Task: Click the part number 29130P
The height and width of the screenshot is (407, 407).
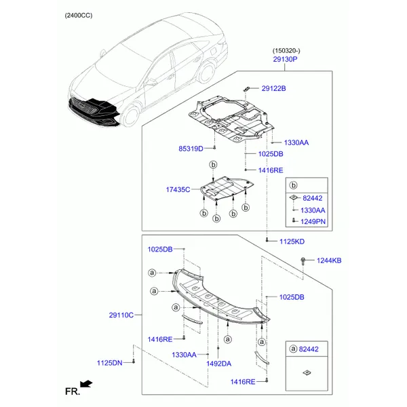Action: [x=285, y=59]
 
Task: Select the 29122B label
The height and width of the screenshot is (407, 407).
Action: [x=273, y=88]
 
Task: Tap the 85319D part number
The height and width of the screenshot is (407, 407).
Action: [x=191, y=149]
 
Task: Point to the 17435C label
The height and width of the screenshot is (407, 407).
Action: [x=178, y=189]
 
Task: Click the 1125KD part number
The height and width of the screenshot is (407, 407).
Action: [x=292, y=241]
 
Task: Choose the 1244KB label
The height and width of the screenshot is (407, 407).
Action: [x=329, y=260]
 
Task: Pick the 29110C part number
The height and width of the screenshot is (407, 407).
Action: [x=121, y=315]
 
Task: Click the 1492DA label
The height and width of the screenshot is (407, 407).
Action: [x=219, y=364]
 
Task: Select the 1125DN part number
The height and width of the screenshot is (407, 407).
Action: [x=109, y=363]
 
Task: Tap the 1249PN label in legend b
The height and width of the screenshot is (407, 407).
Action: [x=313, y=221]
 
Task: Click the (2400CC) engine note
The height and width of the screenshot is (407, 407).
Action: [x=79, y=16]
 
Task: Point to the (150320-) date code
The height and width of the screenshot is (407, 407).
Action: [x=286, y=51]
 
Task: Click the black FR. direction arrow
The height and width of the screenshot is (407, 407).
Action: [x=86, y=384]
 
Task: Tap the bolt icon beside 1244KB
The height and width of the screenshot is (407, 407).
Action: [x=303, y=261]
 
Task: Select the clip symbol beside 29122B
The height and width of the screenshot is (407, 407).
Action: [x=246, y=89]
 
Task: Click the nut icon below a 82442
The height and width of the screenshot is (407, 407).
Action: [x=307, y=372]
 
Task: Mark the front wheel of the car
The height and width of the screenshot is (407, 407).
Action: [x=131, y=115]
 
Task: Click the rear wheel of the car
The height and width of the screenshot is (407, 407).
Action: [x=207, y=71]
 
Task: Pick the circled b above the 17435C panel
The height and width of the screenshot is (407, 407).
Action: [x=214, y=165]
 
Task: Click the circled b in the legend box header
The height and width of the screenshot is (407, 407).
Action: [x=294, y=185]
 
